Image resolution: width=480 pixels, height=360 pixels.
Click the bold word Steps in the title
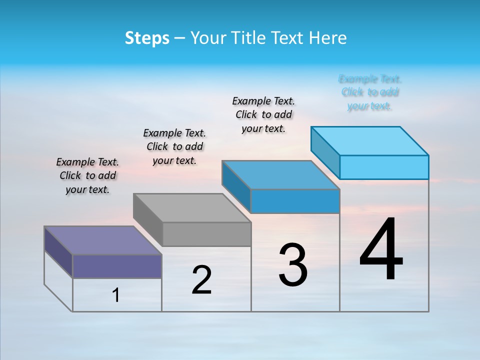pos(147,38)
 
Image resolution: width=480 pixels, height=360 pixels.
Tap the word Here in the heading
pos(328,38)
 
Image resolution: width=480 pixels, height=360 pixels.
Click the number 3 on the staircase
pos(293,265)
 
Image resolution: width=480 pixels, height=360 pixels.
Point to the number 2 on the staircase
pos(201,280)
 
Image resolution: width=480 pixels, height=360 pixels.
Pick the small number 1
pos(116,295)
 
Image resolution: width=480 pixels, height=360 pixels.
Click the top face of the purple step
pos(103,240)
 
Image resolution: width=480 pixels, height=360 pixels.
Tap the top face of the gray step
pos(192,207)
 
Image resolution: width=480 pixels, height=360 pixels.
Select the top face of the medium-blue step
pos(281,175)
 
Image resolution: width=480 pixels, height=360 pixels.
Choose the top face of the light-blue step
pos(370,140)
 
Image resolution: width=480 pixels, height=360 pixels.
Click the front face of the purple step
pos(117,266)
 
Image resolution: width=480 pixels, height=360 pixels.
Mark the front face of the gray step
pos(206,234)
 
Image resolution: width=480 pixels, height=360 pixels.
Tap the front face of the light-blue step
pos(384,167)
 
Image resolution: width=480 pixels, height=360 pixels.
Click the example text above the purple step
pos(87,175)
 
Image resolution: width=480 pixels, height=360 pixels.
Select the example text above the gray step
pos(174,146)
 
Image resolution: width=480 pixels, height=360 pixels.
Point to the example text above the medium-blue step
pos(263,114)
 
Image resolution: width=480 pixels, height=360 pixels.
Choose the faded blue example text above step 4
pos(370,92)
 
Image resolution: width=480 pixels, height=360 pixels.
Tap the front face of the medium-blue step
pos(295,201)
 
